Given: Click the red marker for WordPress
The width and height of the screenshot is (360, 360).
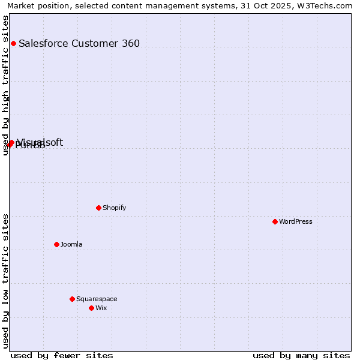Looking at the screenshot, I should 275,221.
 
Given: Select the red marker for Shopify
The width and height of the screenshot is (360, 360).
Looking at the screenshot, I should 98,208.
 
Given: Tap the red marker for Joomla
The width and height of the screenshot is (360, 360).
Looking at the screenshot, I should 56,244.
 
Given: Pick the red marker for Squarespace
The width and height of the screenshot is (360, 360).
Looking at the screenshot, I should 72,299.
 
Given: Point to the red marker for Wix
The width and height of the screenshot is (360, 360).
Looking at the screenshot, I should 91,308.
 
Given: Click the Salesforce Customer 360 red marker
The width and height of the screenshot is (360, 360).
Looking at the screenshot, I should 13,43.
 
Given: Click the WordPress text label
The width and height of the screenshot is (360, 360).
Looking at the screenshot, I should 296,221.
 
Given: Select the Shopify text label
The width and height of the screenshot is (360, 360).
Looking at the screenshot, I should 114,208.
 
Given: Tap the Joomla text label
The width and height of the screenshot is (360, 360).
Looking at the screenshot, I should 71,244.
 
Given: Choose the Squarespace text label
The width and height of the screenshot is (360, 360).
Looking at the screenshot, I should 97,299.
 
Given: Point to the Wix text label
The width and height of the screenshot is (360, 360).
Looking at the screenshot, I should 101,308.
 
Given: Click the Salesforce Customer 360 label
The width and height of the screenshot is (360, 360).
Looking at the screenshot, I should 79,43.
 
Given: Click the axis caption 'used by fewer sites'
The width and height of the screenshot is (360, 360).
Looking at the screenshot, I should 62,355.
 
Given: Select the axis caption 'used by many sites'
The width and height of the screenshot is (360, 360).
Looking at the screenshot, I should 301,355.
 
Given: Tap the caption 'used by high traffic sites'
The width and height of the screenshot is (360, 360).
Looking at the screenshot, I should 6,85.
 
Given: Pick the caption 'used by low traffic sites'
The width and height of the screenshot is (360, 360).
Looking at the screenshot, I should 6,281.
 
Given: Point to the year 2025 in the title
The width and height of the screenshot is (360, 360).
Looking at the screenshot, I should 277,5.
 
